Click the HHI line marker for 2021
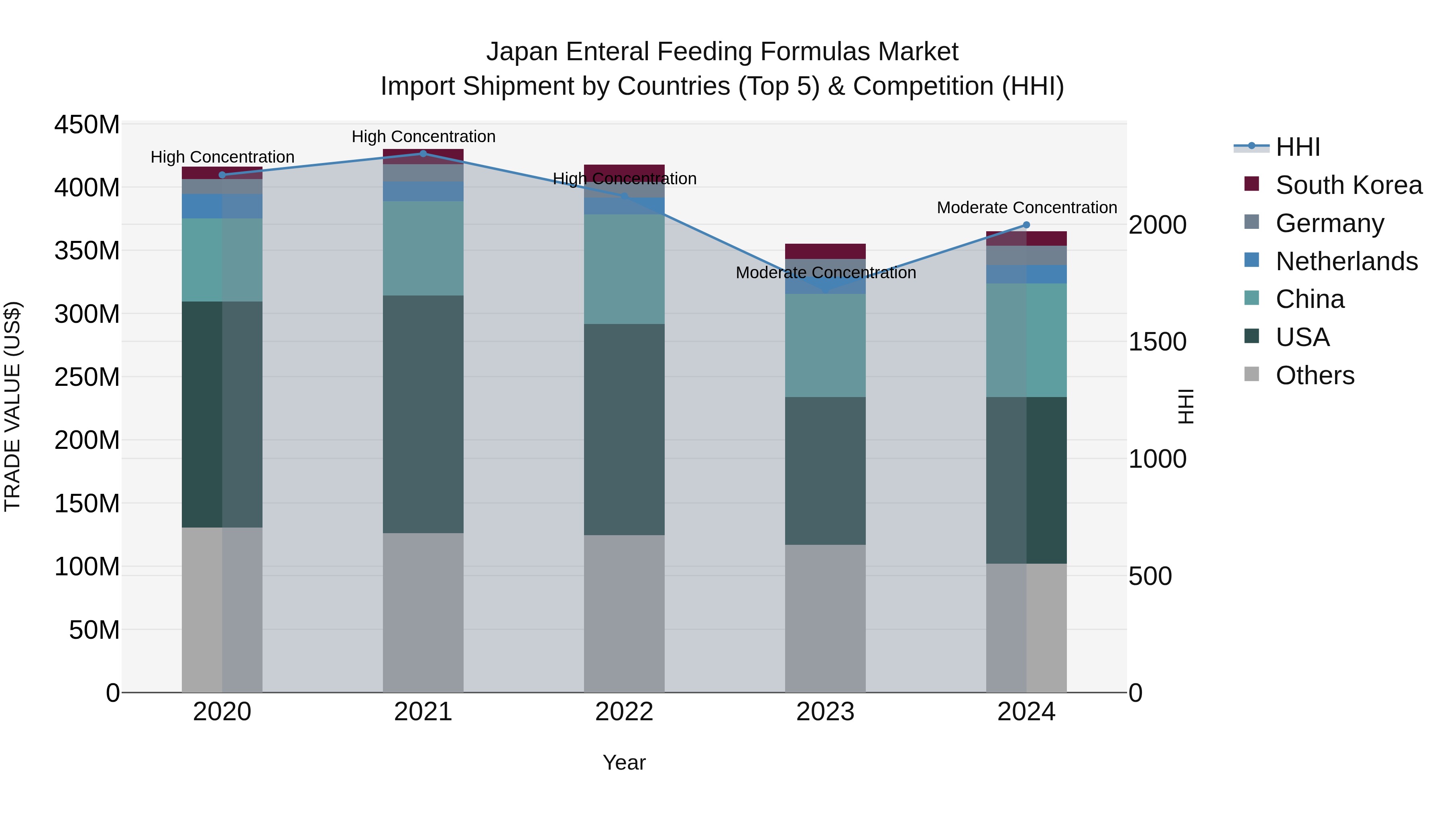click(423, 154)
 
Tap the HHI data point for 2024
click(1026, 225)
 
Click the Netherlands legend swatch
click(1252, 260)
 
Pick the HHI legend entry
click(1297, 147)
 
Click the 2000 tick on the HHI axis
click(1157, 225)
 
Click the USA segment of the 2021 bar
click(423, 414)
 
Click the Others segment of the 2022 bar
click(624, 613)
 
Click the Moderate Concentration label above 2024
click(1026, 208)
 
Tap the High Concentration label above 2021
click(423, 137)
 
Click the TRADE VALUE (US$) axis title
click(12, 406)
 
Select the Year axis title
click(624, 762)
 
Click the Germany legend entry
click(1329, 223)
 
